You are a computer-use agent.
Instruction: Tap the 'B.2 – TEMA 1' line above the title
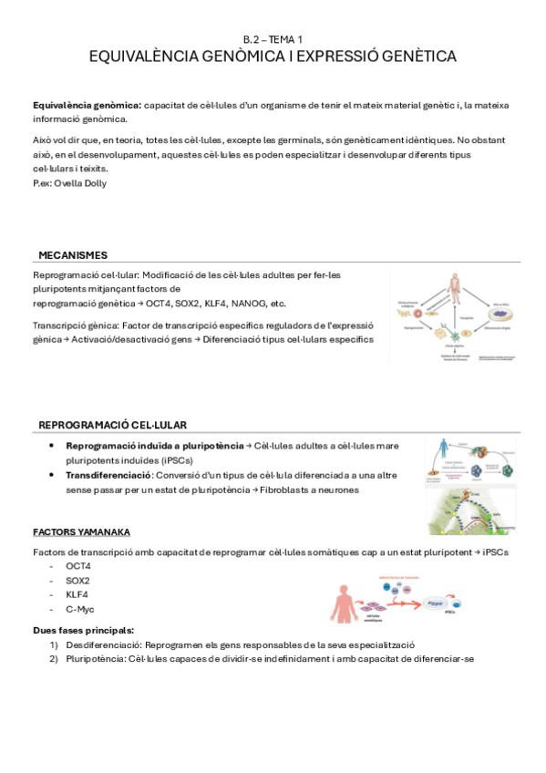[273, 39]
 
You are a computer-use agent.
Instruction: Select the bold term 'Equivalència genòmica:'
[87, 106]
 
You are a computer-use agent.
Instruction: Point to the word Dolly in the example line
[94, 182]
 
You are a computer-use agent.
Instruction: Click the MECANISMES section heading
[73, 255]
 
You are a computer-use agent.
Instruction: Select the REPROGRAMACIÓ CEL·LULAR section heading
[113, 425]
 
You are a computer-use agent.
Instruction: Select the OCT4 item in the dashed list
[78, 566]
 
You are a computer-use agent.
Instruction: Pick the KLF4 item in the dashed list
[77, 594]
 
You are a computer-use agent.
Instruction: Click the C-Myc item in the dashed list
[80, 609]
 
